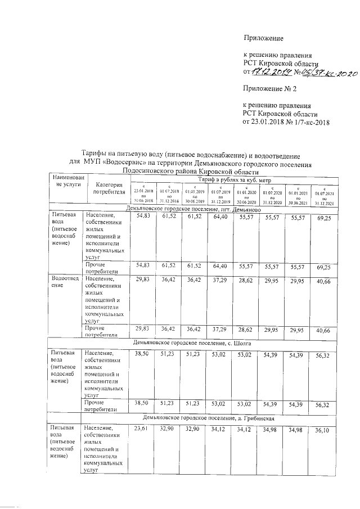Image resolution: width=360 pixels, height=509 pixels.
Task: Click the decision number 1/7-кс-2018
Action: coord(312,121)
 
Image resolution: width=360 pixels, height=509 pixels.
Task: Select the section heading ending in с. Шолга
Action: coord(188,341)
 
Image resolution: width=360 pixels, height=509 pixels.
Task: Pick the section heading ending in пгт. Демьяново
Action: coord(193,209)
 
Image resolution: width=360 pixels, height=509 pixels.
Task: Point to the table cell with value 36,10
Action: coord(322,430)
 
